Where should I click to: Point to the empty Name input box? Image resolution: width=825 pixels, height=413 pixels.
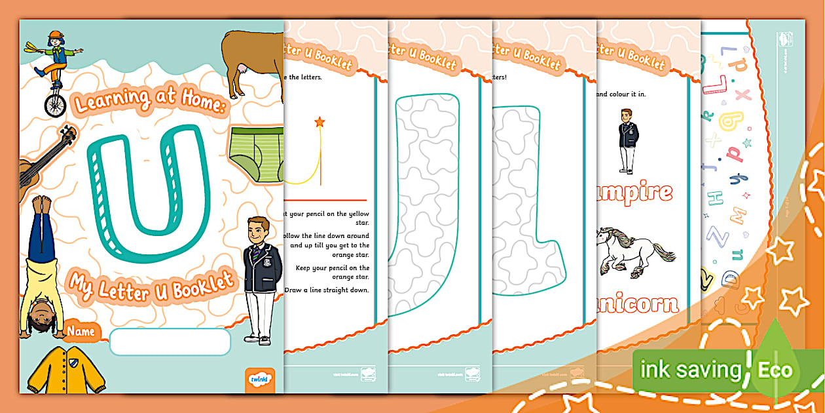click(170, 342)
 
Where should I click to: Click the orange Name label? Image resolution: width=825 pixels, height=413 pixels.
click(81, 332)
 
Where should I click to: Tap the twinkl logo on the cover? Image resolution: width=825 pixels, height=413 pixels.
click(261, 380)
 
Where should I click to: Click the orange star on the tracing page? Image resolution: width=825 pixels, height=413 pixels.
click(320, 122)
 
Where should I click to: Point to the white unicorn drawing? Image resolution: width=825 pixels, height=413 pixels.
click(632, 252)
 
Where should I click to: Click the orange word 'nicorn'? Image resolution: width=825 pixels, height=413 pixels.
click(638, 304)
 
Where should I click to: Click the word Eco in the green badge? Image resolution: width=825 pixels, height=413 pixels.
click(775, 370)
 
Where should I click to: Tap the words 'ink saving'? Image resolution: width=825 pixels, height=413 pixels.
click(691, 370)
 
